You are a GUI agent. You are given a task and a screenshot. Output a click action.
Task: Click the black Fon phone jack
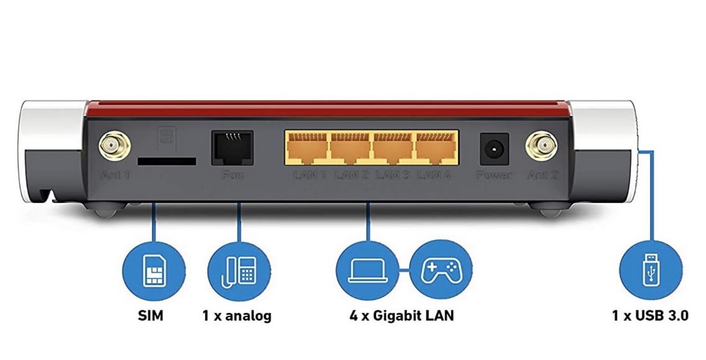pyautogui.click(x=232, y=147)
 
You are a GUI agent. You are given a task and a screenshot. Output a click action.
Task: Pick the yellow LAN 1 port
pyautogui.click(x=307, y=148)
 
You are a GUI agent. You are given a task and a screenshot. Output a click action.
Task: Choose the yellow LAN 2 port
pyautogui.click(x=350, y=148)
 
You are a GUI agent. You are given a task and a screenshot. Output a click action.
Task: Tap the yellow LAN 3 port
pyautogui.click(x=393, y=148)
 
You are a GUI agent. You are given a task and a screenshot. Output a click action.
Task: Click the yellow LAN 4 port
pyautogui.click(x=436, y=148)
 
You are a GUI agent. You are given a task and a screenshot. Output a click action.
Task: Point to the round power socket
pyautogui.click(x=494, y=149)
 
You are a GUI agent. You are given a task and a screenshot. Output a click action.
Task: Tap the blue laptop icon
pyautogui.click(x=366, y=271)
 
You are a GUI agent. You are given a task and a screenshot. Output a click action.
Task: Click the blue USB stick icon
pyautogui.click(x=650, y=271)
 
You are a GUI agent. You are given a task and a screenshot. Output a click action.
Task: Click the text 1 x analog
pyautogui.click(x=237, y=316)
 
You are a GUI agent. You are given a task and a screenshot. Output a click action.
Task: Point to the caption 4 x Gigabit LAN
pyautogui.click(x=401, y=316)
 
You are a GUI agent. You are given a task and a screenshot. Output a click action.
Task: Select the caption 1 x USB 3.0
pyautogui.click(x=649, y=316)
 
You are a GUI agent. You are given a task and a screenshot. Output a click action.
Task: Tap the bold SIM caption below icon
pyautogui.click(x=150, y=316)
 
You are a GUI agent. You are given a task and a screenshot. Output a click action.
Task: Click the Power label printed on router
pyautogui.click(x=494, y=176)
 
